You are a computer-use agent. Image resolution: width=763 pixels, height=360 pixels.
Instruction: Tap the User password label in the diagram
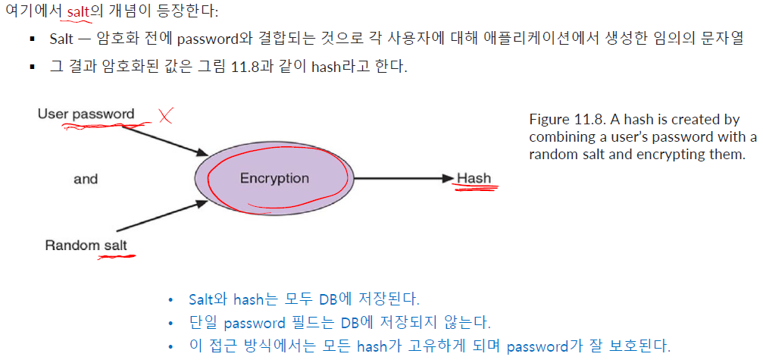click(86, 114)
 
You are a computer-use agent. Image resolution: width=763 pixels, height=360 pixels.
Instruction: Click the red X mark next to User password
click(166, 116)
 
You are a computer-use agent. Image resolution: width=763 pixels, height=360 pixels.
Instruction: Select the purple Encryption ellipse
click(274, 179)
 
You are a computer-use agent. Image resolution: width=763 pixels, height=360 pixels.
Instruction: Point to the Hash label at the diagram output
click(474, 179)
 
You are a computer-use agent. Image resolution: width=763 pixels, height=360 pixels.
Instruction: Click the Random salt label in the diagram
click(86, 245)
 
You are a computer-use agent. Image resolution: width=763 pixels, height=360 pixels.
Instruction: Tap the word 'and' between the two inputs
click(86, 179)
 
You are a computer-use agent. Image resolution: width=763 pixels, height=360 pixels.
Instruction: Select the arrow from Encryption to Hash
click(402, 179)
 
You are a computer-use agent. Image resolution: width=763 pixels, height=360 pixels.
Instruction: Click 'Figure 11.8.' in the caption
click(561, 120)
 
